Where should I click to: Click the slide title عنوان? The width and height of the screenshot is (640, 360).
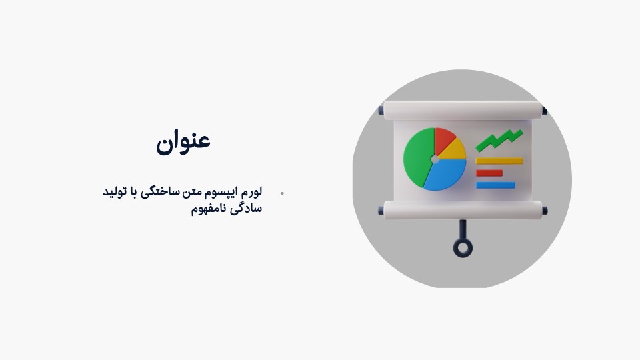[183, 141]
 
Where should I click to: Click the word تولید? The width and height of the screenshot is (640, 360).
[113, 191]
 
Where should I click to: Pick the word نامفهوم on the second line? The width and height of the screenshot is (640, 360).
[208, 209]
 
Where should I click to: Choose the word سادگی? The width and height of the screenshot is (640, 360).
[246, 209]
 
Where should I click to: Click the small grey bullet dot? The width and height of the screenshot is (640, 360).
[282, 193]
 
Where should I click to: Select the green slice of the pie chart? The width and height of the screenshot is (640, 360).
[417, 157]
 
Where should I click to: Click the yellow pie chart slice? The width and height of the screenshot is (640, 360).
[454, 150]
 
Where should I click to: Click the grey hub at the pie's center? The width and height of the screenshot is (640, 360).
[435, 159]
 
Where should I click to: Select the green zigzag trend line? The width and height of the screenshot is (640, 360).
[499, 140]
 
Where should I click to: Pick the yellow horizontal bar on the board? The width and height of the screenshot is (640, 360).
[499, 161]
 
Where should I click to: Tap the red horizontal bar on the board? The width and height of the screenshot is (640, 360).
[489, 173]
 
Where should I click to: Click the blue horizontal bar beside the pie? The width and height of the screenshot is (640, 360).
[495, 185]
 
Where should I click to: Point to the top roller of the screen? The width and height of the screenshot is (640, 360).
[463, 110]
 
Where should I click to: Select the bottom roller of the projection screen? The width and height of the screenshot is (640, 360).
[463, 210]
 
